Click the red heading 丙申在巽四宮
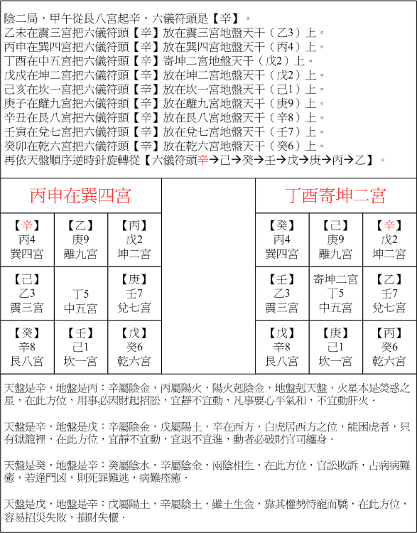[x=80, y=195]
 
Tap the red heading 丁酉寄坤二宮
[x=335, y=195]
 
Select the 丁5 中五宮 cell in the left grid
[x=80, y=294]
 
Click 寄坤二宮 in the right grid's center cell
[x=335, y=280]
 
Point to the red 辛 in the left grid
[x=27, y=226]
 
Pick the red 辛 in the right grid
[x=390, y=226]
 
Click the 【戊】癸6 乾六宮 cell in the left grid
[x=134, y=348]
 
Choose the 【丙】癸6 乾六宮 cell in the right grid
[x=390, y=348]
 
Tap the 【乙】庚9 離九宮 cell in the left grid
[x=80, y=240]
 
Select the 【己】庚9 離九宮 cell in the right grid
[x=335, y=240]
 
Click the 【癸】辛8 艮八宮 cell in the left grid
[x=27, y=348]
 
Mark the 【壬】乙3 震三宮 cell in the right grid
[x=282, y=294]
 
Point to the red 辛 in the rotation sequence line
[x=205, y=160]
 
